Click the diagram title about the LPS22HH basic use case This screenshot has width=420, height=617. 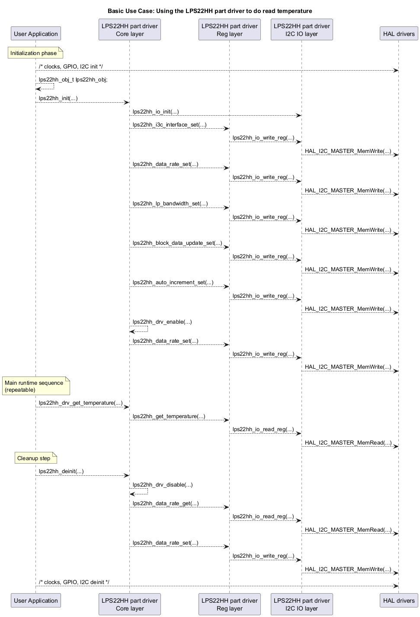210,11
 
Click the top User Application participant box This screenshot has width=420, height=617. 36,34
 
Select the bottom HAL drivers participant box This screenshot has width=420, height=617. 399,601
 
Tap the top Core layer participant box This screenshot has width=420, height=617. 130,30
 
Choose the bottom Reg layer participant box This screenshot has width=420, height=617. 229,604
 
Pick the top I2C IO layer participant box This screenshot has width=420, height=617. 302,30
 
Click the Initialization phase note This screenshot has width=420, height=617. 35,53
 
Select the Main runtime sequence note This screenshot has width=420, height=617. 36,386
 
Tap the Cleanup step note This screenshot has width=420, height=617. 36,458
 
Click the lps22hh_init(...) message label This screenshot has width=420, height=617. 58,98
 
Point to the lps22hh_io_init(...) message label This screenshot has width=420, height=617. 156,111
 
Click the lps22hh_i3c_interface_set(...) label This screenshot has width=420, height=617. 170,125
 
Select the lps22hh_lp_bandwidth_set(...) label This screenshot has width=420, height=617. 170,204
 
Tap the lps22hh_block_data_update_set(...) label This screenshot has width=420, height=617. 177,243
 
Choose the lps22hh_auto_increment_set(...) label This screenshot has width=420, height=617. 173,283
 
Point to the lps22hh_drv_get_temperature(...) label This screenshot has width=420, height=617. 80,403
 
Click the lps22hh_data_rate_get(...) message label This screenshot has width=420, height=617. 166,503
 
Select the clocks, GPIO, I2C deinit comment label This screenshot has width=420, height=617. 74,582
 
